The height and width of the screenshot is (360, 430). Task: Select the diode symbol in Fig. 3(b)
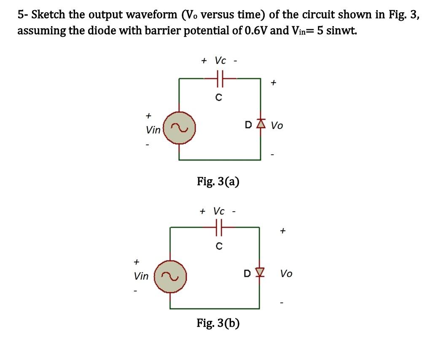coord(258,274)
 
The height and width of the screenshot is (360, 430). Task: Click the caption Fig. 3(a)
coord(218,182)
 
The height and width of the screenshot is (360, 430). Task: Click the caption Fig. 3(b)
coord(218,323)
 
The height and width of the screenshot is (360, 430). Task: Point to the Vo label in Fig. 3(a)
coord(277,125)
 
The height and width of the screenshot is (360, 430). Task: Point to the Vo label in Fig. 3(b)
coord(286,274)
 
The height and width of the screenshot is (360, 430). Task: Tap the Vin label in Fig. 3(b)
coord(141,277)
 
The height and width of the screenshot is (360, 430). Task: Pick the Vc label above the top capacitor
coord(220,60)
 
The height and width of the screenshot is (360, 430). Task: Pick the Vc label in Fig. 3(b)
coord(219,210)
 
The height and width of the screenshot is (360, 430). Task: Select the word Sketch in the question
coord(48,15)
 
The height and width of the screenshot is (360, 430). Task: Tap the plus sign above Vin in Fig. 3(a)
coord(148,114)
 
